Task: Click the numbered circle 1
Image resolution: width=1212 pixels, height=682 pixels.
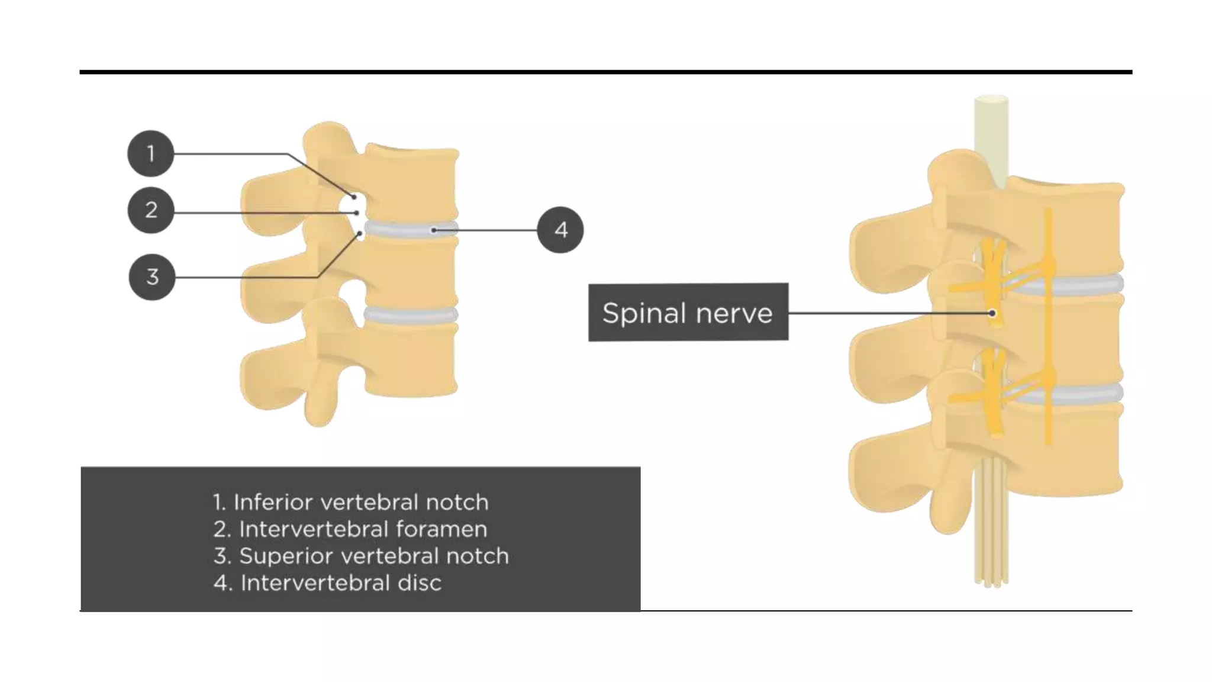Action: pyautogui.click(x=151, y=153)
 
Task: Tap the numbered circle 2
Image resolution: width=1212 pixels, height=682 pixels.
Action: pyautogui.click(x=151, y=210)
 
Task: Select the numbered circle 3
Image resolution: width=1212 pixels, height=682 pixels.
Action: pyautogui.click(x=152, y=276)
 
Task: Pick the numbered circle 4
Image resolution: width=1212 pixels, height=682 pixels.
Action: pyautogui.click(x=560, y=230)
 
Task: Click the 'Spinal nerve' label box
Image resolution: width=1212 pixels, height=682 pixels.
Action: pyautogui.click(x=688, y=312)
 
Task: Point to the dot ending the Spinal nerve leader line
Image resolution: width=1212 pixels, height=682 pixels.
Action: pyautogui.click(x=992, y=313)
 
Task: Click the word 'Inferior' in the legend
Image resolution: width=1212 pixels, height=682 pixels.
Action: pyautogui.click(x=272, y=502)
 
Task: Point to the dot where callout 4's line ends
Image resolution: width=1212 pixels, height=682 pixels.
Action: pyautogui.click(x=434, y=230)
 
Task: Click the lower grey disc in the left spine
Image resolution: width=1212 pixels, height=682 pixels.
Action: pyautogui.click(x=411, y=314)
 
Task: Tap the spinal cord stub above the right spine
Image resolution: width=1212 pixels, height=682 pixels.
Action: pyautogui.click(x=991, y=139)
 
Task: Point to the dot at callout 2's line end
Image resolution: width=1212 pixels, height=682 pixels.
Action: pyautogui.click(x=356, y=213)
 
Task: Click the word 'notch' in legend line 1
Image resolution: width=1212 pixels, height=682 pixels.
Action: pyautogui.click(x=457, y=502)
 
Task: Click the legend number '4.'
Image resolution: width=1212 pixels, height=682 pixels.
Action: pyautogui.click(x=223, y=583)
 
